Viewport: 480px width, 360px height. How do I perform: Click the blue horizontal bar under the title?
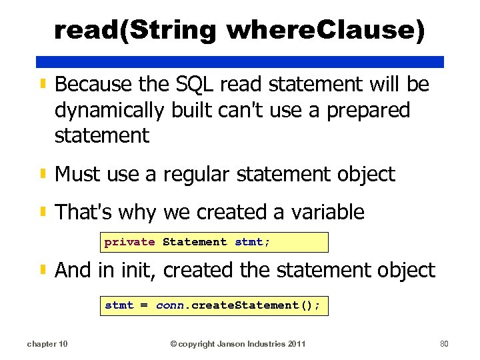(x=240, y=61)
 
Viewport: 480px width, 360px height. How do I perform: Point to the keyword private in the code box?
(x=129, y=242)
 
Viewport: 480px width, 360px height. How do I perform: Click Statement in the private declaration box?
(x=195, y=242)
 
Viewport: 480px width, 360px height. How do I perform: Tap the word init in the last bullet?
(x=141, y=270)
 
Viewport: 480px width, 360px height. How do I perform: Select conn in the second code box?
(x=170, y=305)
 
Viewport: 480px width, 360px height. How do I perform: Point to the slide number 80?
(x=445, y=343)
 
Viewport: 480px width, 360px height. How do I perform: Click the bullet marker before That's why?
(x=43, y=213)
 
